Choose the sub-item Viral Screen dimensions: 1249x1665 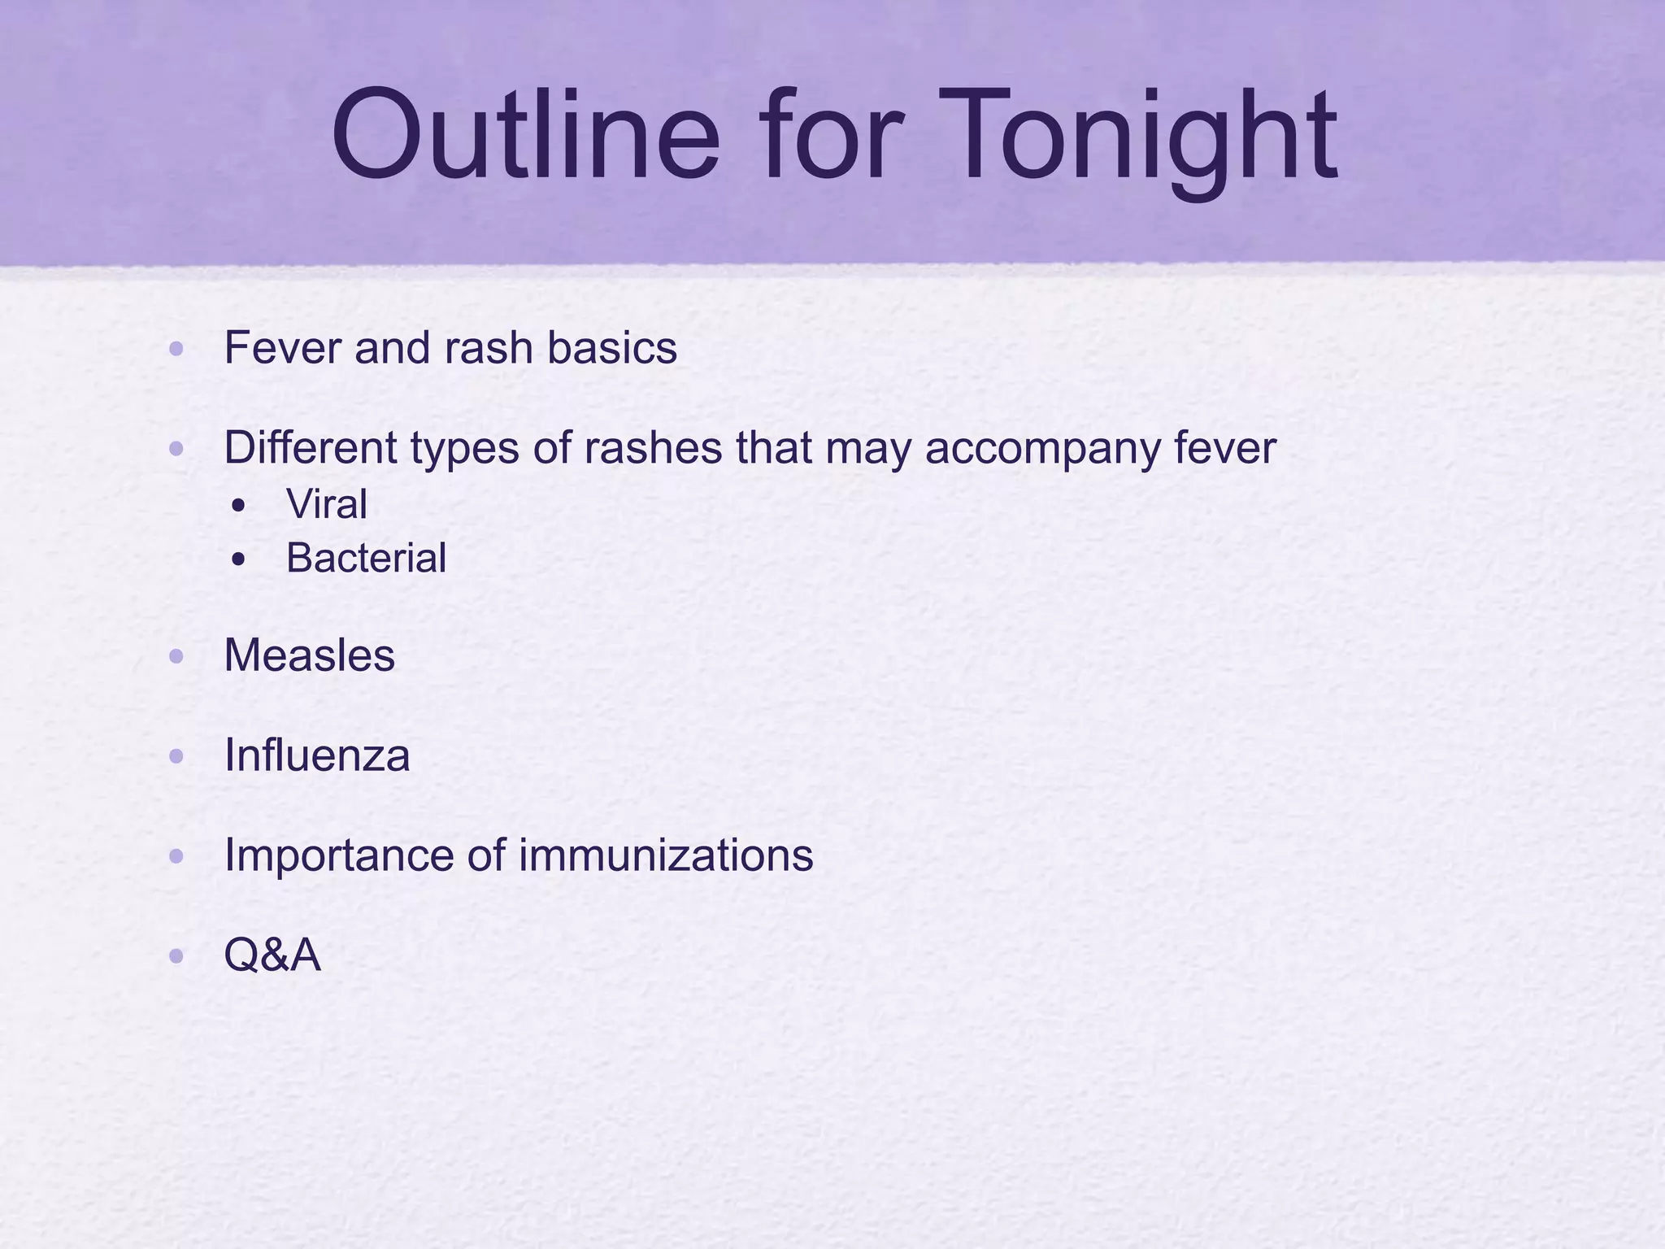326,504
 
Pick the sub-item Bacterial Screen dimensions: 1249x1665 366,558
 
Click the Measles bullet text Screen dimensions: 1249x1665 309,655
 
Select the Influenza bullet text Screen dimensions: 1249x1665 316,755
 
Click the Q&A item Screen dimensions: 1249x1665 272,955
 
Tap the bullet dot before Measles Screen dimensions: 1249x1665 176,657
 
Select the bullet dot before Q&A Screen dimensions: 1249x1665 176,957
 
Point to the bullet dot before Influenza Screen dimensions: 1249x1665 176,757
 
